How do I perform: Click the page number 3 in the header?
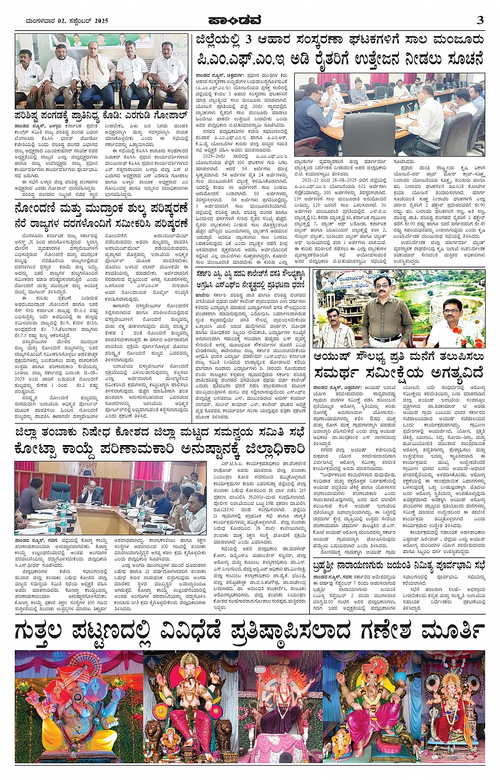(x=480, y=20)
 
